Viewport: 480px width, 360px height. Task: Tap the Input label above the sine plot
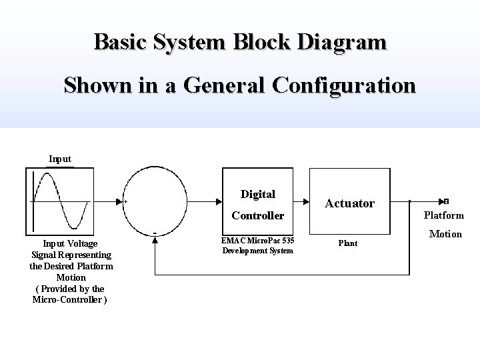(x=60, y=159)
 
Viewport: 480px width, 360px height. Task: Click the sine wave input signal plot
(x=59, y=200)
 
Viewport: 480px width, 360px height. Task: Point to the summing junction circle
(x=157, y=200)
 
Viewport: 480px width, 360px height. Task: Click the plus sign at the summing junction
(x=127, y=201)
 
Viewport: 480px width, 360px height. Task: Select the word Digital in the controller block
(x=257, y=194)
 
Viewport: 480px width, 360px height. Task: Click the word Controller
(x=257, y=215)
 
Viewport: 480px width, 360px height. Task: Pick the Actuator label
(x=349, y=203)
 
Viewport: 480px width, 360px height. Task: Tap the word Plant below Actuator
(x=347, y=243)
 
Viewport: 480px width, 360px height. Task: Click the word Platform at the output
(x=444, y=215)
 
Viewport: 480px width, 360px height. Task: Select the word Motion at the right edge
(x=445, y=233)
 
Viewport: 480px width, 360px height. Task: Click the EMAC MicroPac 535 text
(x=257, y=240)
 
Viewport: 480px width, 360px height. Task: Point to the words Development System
(x=257, y=251)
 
